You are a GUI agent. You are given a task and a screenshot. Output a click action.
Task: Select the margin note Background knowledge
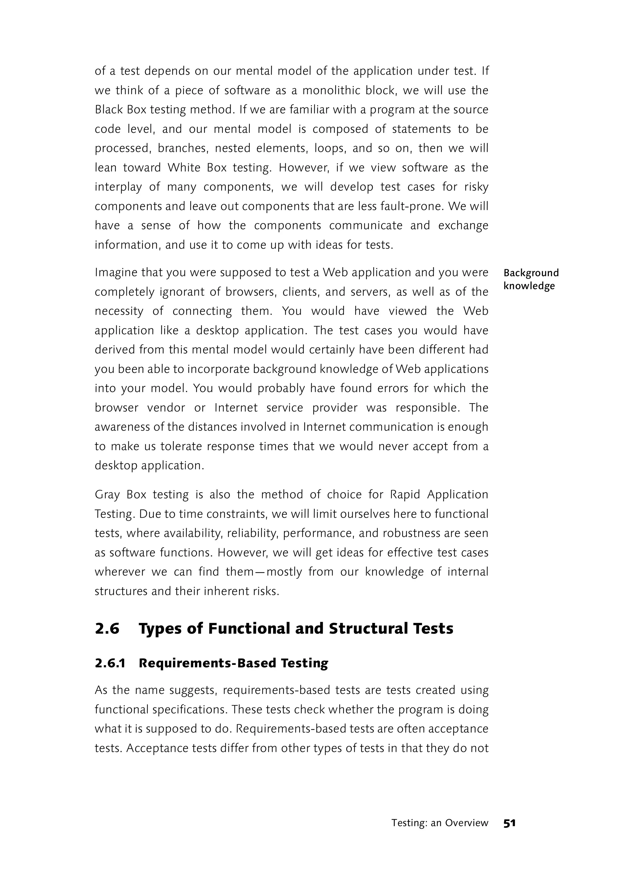531,279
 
